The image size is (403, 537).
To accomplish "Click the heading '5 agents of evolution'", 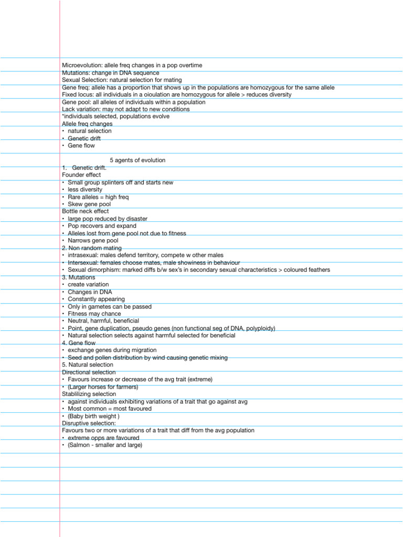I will point(137,160).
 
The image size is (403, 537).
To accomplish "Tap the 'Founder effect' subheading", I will point(81,175).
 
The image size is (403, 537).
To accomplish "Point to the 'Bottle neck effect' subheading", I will point(85,211).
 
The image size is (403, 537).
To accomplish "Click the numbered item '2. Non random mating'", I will point(91,248).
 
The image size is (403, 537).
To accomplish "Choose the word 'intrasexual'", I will point(82,255).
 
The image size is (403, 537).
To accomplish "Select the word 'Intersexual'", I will point(83,263).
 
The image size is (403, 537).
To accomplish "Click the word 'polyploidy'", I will point(259,328).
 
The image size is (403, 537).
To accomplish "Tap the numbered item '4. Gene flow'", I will point(79,343).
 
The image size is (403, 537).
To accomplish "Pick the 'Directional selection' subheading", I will point(89,372).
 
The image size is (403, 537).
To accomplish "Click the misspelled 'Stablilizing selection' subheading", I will point(89,394).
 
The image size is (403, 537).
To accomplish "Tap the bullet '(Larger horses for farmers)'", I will point(103,387).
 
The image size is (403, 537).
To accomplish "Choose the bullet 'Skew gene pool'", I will point(89,204).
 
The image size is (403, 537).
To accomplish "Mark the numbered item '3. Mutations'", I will point(79,277).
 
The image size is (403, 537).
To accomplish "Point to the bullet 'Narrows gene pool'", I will point(93,241).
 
